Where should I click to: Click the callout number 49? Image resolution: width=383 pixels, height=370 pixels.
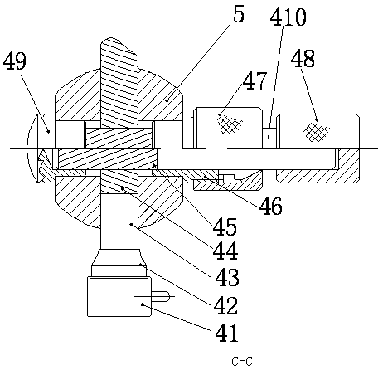(x=15, y=61)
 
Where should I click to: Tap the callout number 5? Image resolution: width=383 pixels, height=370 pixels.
(x=239, y=14)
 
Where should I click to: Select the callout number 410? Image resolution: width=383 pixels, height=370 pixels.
(x=288, y=17)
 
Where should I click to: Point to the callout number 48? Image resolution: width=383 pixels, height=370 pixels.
(x=303, y=59)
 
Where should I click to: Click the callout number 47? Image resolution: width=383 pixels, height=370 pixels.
(x=255, y=80)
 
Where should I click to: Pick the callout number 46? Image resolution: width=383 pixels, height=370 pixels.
(x=271, y=206)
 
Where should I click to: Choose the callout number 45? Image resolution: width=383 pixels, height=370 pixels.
(x=225, y=226)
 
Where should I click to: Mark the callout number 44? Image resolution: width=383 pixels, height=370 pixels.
(x=225, y=251)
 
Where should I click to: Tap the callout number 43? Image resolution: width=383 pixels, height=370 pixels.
(x=227, y=277)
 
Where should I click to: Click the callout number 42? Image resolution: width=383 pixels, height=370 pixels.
(x=225, y=305)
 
